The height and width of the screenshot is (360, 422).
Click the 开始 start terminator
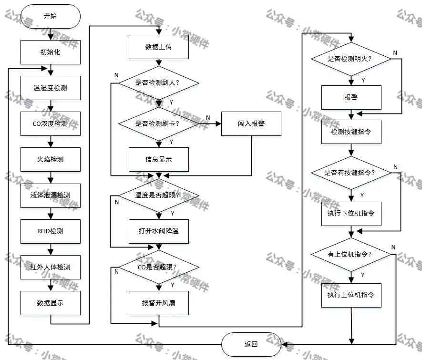51,16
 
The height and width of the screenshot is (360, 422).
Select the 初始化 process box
51,52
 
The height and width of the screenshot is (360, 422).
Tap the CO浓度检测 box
51,124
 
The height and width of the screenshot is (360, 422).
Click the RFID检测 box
51,231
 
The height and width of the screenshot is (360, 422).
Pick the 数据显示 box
51,303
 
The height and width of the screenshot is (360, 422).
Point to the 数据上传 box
159,47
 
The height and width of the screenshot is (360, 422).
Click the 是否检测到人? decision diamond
159,82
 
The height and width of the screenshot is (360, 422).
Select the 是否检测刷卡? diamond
159,124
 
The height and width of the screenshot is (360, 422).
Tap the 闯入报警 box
251,124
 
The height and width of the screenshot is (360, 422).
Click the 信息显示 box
159,160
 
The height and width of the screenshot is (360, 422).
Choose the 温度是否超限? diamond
159,195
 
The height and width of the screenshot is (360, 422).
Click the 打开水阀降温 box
159,231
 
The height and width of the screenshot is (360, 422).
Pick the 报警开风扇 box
159,303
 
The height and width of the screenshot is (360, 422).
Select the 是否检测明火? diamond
351,59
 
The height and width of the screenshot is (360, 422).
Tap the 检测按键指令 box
351,132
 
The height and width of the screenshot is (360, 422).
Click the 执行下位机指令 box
351,214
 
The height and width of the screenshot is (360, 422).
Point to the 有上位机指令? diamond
351,254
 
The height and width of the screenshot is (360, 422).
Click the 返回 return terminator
251,344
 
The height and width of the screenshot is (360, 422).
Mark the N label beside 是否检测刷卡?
208,118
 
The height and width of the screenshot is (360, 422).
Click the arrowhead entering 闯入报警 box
218,124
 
